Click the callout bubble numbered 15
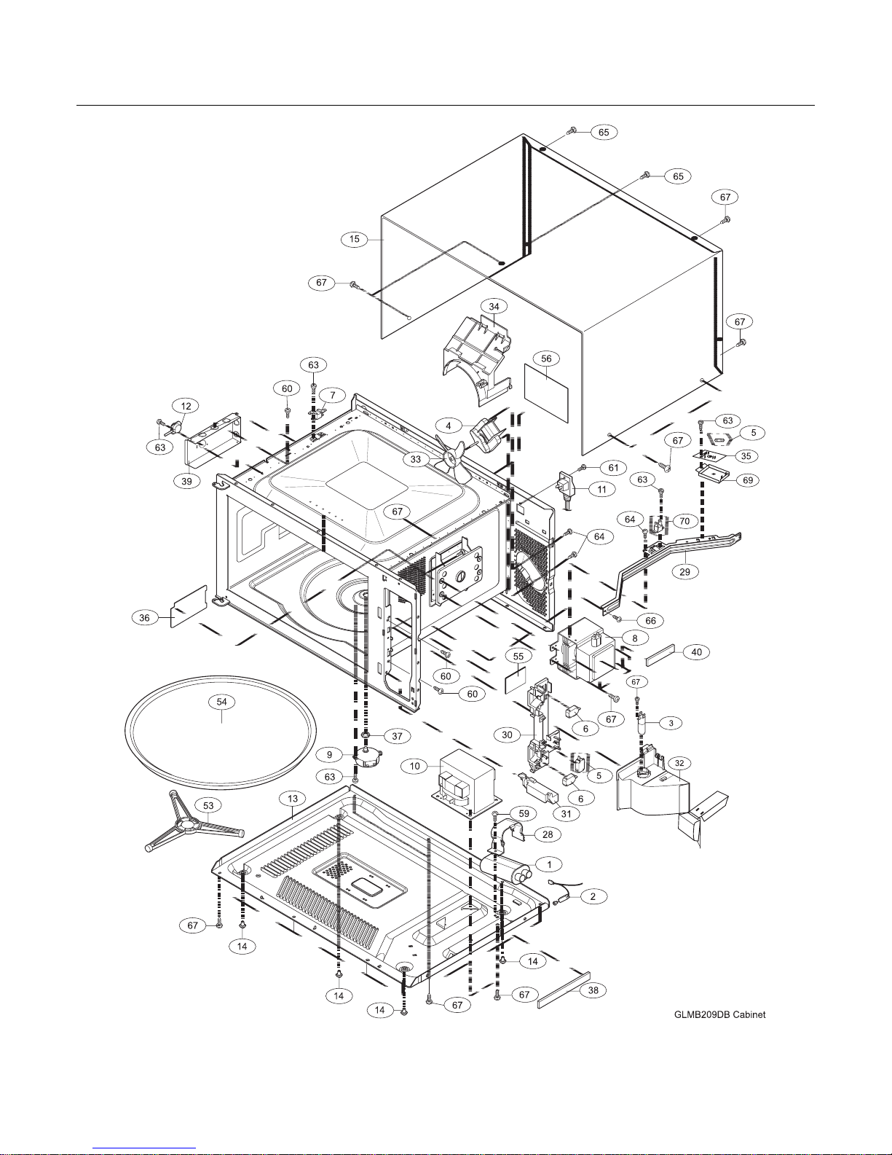[354, 239]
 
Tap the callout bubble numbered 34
[494, 307]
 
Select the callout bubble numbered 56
[546, 359]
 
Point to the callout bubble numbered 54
[221, 702]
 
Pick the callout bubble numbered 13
[293, 799]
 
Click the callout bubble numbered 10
[414, 766]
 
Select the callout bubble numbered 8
[634, 638]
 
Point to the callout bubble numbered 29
[685, 572]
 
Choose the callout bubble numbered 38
[593, 990]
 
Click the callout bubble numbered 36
[144, 618]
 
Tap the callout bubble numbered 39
[187, 482]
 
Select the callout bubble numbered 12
[186, 406]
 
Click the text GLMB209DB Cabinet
[719, 1014]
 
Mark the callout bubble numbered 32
[679, 763]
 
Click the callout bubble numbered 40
[697, 652]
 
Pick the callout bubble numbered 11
[601, 489]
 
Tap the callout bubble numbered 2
[593, 897]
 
